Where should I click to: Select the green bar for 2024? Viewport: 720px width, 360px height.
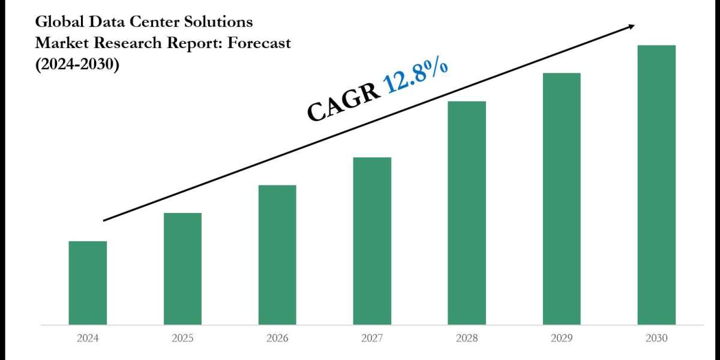pos(88,283)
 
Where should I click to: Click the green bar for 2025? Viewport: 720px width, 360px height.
pos(182,268)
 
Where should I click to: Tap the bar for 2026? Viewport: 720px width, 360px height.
pos(277,254)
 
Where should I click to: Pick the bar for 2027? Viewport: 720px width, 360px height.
pos(372,241)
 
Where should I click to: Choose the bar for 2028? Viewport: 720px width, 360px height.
pos(467,213)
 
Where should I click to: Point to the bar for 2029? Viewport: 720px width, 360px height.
pos(562,199)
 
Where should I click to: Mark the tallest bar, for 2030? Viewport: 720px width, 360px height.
pos(656,185)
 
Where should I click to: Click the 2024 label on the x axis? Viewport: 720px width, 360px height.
pos(88,338)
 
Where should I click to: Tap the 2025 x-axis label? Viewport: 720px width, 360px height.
pos(182,338)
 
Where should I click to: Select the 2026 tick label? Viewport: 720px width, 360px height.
pos(277,338)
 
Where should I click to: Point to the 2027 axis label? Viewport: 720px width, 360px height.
pos(372,338)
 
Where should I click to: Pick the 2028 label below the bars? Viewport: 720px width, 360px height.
pos(467,338)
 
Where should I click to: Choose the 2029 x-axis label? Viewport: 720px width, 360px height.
pos(562,338)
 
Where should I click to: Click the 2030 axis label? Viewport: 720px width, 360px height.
pos(656,338)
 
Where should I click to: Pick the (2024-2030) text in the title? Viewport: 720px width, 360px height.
pos(77,63)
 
